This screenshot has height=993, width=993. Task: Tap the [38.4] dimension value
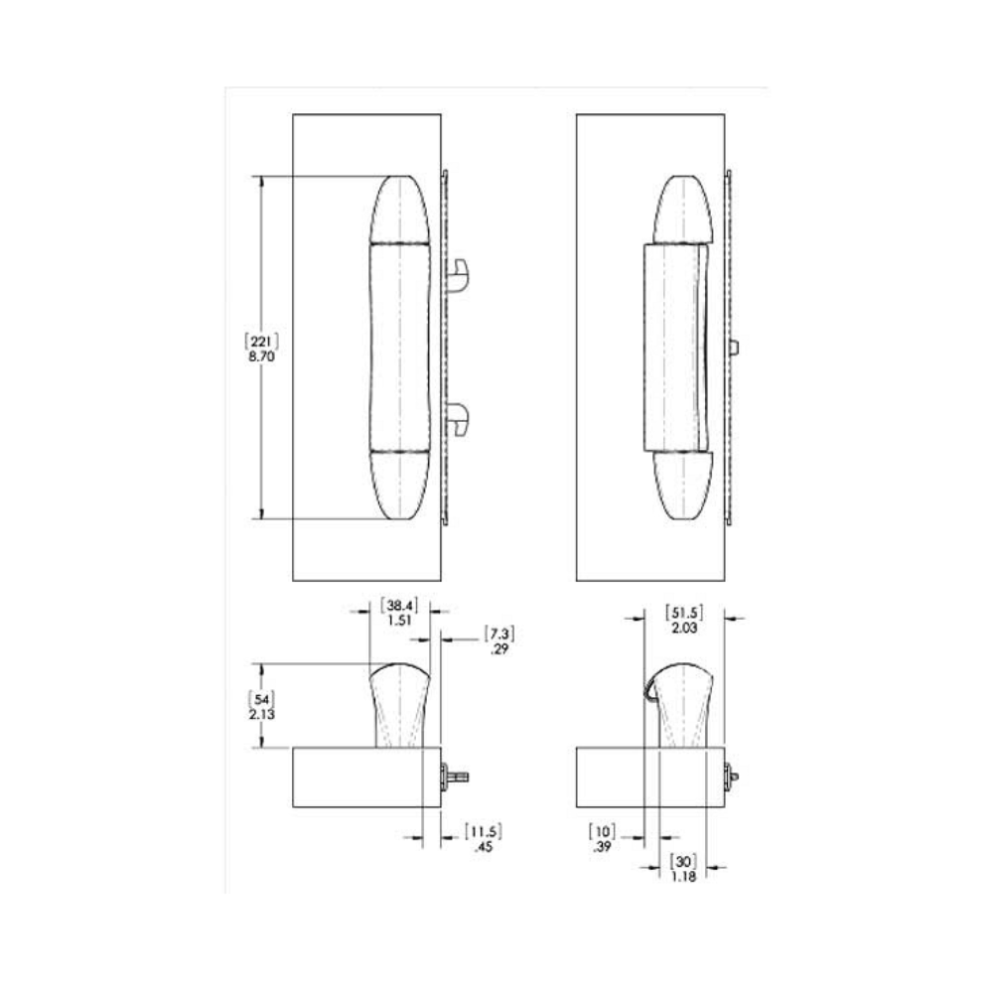point(401,603)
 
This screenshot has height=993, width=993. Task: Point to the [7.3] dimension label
point(499,633)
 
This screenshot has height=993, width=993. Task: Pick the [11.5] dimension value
point(484,831)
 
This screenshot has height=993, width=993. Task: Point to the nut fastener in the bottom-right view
point(733,776)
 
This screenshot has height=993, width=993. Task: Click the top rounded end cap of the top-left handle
point(400,209)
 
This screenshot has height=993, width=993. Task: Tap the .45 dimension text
point(484,847)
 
